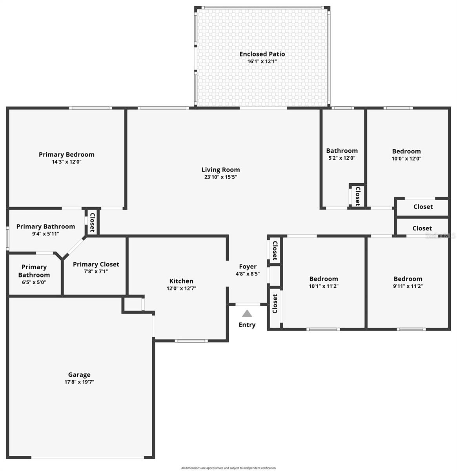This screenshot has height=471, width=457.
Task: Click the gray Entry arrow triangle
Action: point(247,313)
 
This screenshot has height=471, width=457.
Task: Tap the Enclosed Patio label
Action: point(262,54)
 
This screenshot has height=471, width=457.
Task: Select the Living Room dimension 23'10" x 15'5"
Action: point(220,177)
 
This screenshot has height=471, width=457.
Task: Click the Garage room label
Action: point(79,375)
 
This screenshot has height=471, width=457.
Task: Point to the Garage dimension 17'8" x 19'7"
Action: point(79,382)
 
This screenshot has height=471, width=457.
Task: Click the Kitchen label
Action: point(181,281)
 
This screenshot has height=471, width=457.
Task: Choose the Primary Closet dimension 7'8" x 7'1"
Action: point(96,271)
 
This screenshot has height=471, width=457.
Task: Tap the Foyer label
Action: point(248,267)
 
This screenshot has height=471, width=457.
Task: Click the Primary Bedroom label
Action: point(67,155)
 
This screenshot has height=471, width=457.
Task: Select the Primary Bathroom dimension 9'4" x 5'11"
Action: point(46,234)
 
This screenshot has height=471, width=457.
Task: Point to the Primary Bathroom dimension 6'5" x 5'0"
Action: point(34,282)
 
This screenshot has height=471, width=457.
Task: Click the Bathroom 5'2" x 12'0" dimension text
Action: point(342,158)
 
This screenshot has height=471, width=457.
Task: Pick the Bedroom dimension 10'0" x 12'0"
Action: point(406,159)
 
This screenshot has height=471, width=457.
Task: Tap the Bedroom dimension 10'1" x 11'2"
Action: point(324,286)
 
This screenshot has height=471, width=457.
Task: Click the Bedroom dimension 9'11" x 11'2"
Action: point(408,286)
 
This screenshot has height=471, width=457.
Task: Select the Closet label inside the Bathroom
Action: point(357,196)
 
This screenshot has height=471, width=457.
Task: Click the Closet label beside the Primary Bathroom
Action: point(93,223)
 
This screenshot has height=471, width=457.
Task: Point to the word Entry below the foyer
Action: point(247,325)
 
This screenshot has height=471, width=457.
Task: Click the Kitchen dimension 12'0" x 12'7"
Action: point(181,288)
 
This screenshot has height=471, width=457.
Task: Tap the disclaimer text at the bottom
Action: point(228,468)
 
